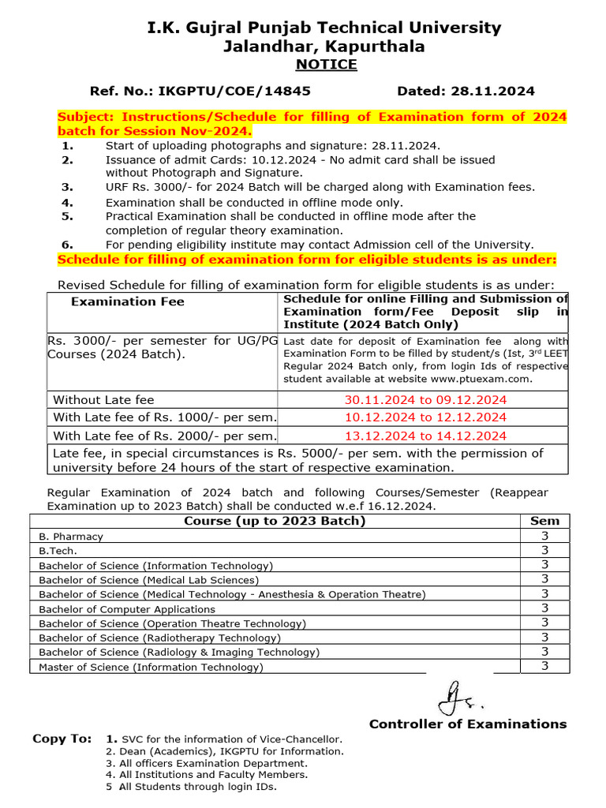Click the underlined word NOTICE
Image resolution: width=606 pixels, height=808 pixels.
coord(325,64)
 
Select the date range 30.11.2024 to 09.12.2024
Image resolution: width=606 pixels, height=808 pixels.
coord(425,400)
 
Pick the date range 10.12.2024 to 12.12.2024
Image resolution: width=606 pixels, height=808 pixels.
coord(425,417)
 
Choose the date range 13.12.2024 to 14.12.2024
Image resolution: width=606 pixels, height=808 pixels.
coord(425,436)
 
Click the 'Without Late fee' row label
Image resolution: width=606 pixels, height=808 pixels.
coord(103,400)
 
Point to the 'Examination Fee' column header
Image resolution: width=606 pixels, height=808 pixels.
coord(128,301)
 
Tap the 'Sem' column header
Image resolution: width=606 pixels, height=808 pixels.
coord(544,521)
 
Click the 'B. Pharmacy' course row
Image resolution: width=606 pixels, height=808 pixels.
coord(71,537)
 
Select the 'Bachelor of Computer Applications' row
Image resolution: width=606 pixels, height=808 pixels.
coord(127,609)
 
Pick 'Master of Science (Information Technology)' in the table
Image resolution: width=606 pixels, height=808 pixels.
coord(151,668)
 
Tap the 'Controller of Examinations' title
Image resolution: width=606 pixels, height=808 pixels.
coord(467,724)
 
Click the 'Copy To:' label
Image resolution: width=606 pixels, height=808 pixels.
coord(62,739)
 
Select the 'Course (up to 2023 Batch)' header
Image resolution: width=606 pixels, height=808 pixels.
coord(275,521)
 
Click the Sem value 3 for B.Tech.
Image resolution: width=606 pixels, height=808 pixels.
coord(544,551)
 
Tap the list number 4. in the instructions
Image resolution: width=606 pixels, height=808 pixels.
coord(67,203)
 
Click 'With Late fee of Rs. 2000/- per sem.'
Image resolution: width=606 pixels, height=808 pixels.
coord(165,436)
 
